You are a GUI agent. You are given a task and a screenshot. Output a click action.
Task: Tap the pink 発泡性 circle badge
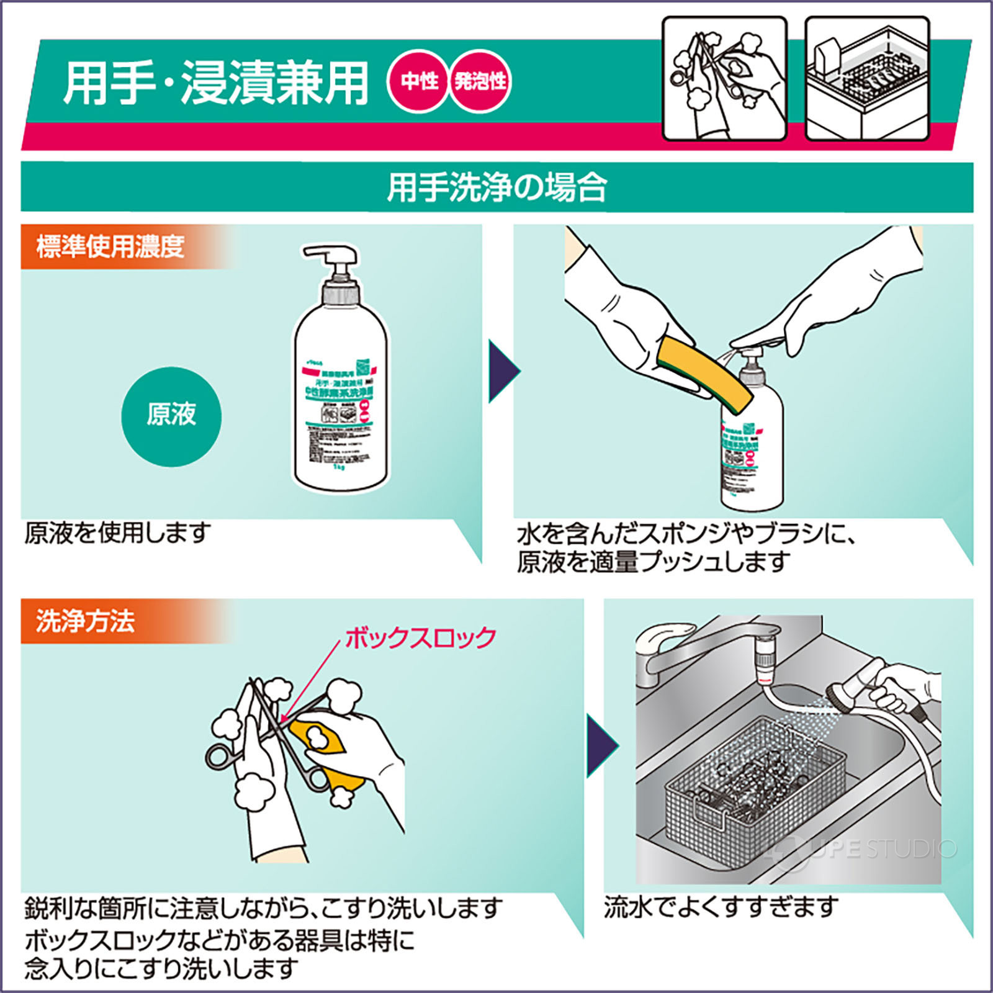pyautogui.click(x=480, y=81)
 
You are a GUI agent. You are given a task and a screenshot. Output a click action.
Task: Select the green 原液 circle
pyautogui.click(x=171, y=415)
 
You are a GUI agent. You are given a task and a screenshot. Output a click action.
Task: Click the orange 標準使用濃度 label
pyautogui.click(x=110, y=247)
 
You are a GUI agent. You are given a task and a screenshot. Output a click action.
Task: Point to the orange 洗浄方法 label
pyautogui.click(x=86, y=621)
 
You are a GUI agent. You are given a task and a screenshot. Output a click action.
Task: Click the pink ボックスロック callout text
pyautogui.click(x=421, y=638)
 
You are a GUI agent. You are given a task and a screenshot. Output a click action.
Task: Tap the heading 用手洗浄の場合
pyautogui.click(x=496, y=187)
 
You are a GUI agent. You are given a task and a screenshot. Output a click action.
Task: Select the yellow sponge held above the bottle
pyautogui.click(x=704, y=369)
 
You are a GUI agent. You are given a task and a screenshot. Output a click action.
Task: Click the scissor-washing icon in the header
pyautogui.click(x=724, y=78)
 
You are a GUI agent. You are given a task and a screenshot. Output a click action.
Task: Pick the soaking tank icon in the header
pyautogui.click(x=867, y=78)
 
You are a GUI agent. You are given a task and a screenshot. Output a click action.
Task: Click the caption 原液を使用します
pyautogui.click(x=118, y=532)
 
